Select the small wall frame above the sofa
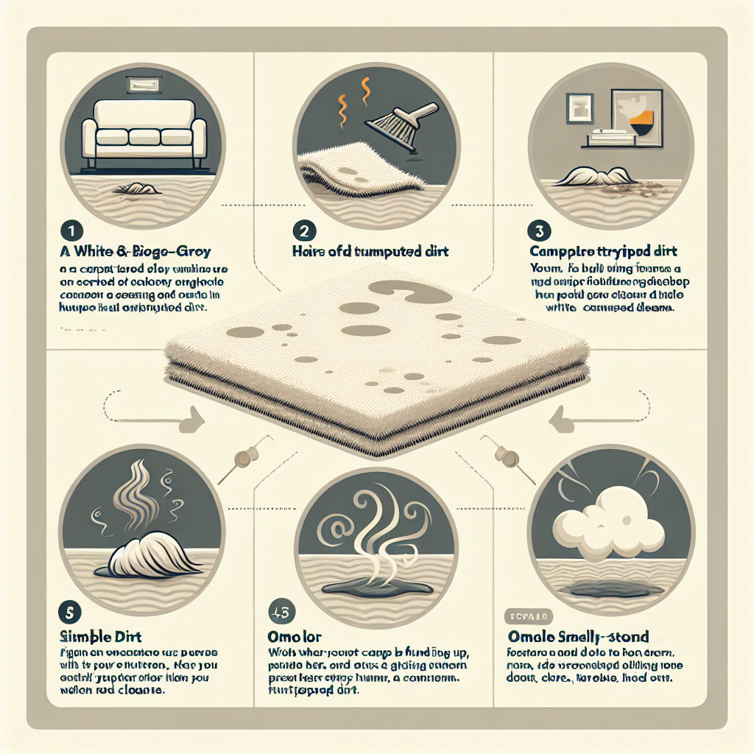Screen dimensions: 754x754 [141, 85]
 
